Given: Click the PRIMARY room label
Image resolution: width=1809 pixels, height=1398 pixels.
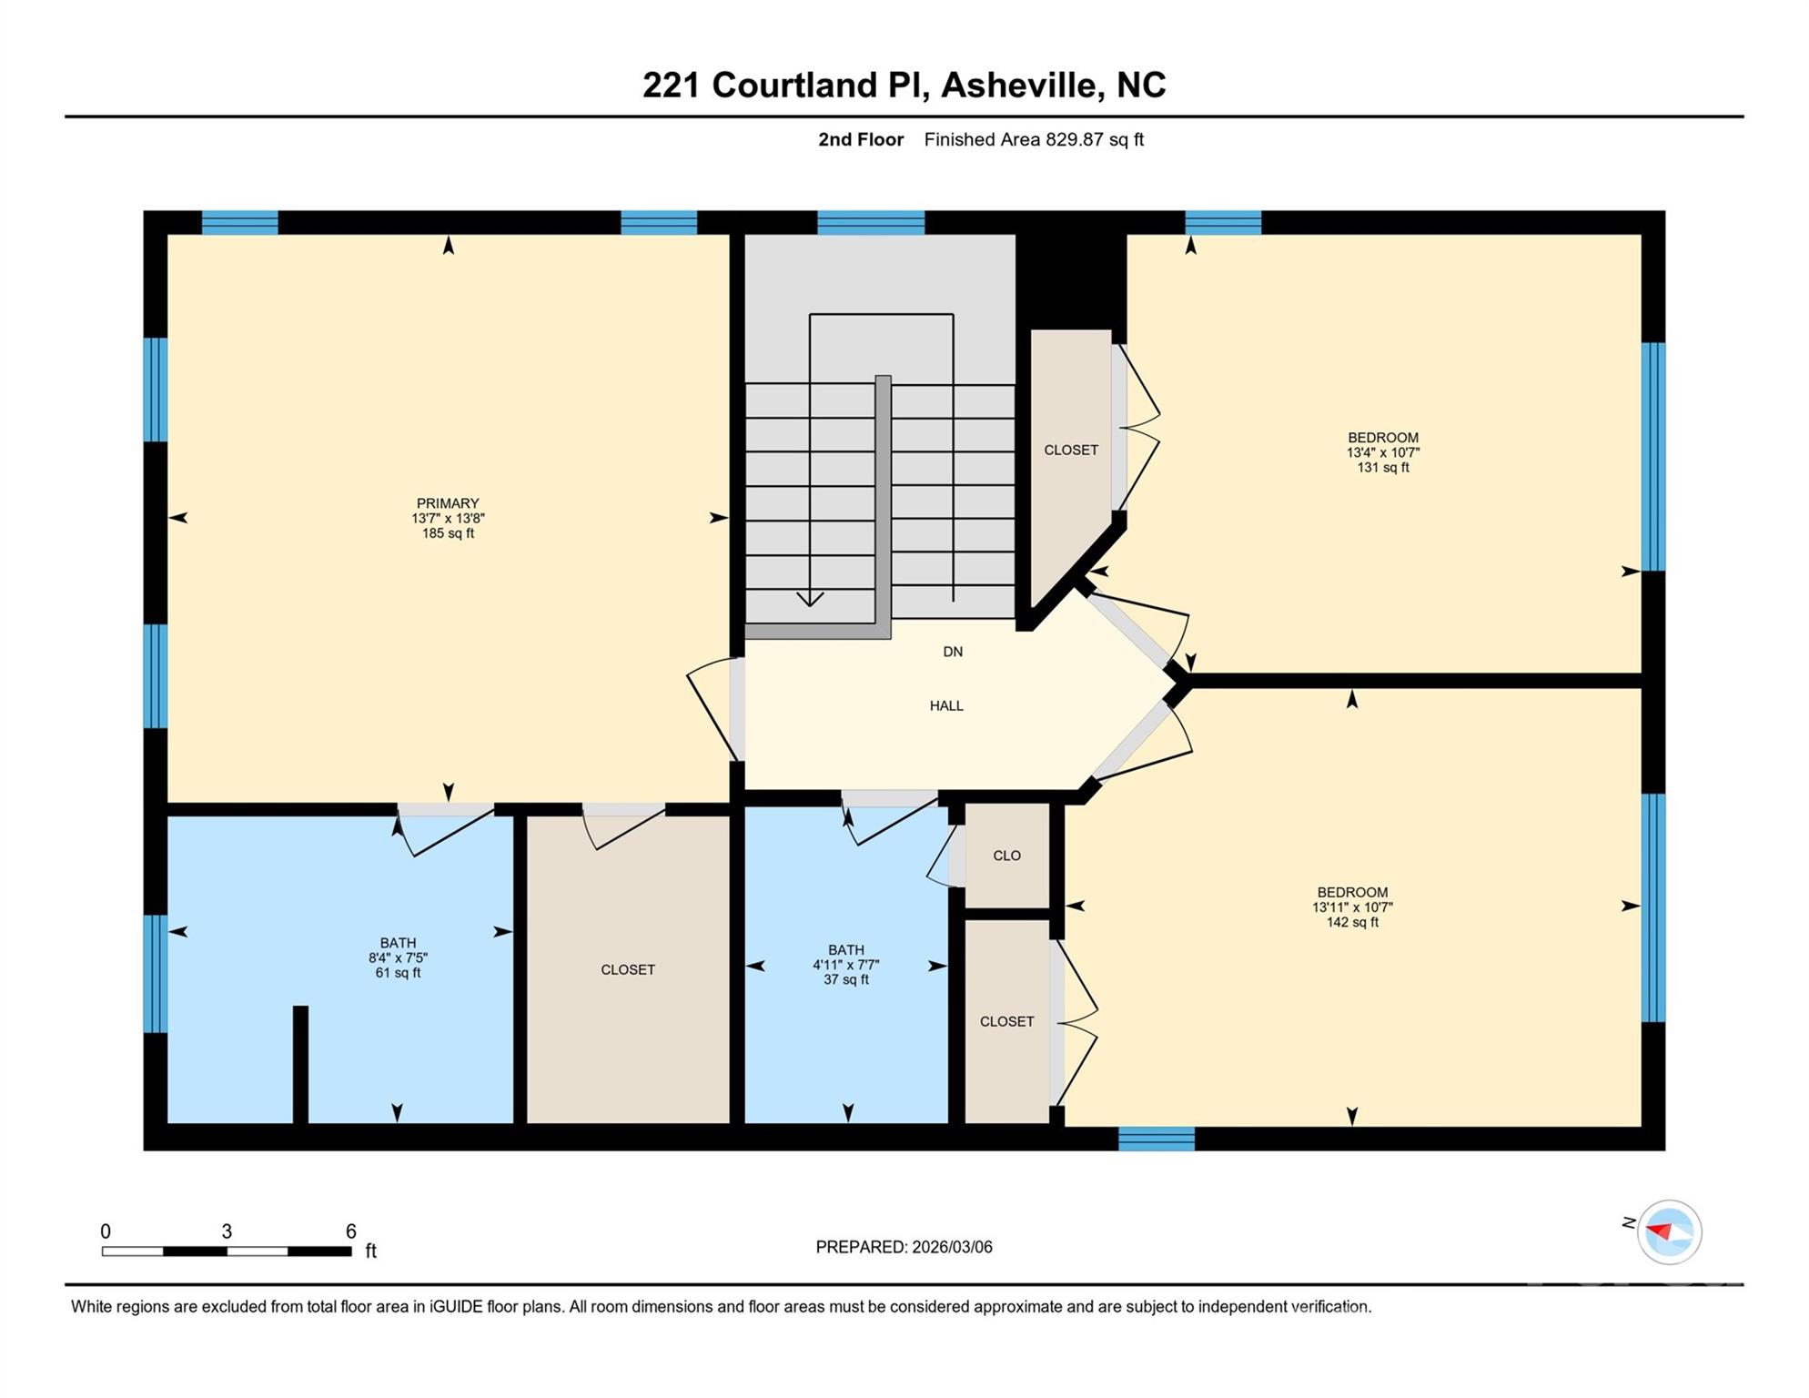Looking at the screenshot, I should [447, 503].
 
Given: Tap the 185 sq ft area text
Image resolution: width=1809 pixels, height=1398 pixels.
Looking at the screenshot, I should [447, 533].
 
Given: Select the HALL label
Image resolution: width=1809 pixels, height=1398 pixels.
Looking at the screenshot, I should [946, 705].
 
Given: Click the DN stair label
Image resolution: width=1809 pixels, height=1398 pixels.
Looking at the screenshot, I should [952, 652].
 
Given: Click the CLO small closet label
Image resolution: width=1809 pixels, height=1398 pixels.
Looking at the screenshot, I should [1006, 856].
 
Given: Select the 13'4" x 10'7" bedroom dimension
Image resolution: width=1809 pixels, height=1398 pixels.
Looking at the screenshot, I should [1382, 452].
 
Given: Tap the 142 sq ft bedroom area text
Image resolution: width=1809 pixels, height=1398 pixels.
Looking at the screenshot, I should [1351, 922].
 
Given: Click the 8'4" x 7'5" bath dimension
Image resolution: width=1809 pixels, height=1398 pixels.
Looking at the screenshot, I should [398, 957].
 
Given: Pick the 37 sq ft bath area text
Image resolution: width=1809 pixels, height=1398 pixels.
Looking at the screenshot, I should [845, 980].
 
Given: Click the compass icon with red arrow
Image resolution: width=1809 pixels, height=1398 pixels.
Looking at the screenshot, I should [1669, 1232].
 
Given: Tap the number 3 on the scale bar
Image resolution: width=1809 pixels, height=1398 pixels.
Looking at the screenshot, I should [227, 1231].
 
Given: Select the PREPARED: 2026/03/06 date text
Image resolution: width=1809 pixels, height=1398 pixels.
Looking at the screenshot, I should [904, 1247].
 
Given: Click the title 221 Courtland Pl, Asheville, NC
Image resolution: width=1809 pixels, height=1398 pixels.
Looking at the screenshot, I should [904, 85].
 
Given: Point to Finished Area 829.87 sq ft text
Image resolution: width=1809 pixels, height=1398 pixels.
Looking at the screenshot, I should [1033, 139].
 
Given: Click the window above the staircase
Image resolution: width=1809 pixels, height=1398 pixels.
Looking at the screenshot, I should [871, 223].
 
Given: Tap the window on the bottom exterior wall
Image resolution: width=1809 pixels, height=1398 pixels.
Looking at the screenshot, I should [1156, 1139].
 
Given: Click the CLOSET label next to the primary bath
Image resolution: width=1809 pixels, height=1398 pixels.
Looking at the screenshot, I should [628, 969].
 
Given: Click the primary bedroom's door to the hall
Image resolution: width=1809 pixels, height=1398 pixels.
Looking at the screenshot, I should [713, 710].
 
